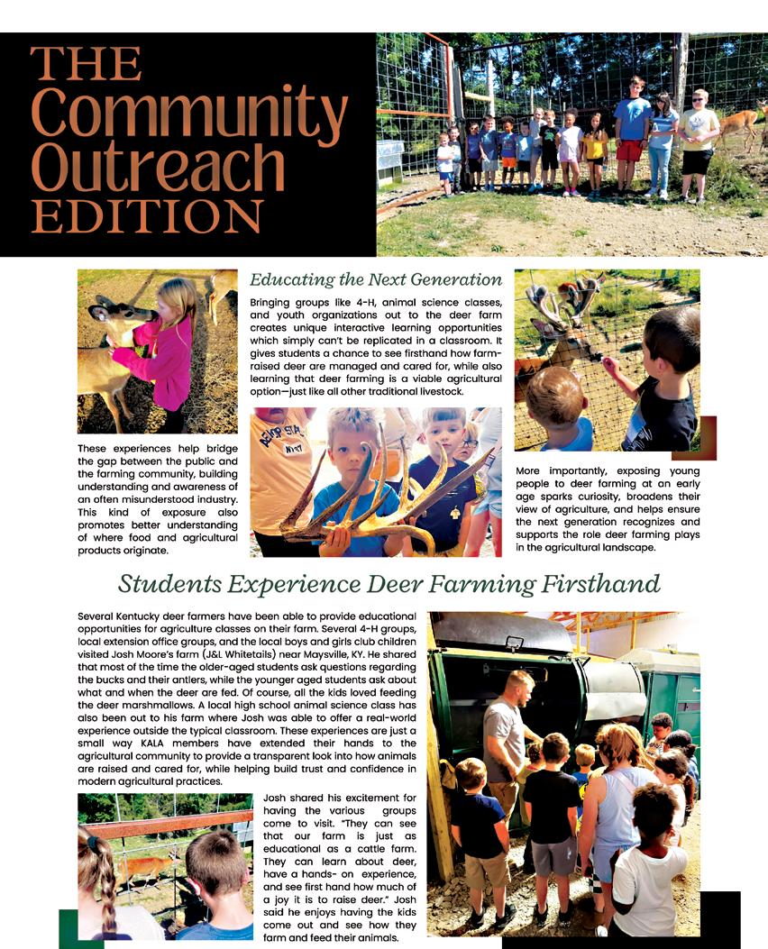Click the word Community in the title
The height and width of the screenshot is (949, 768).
(x=189, y=113)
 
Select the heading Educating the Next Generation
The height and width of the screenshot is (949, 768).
(x=376, y=279)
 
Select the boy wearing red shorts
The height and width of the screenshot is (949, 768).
(x=632, y=135)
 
